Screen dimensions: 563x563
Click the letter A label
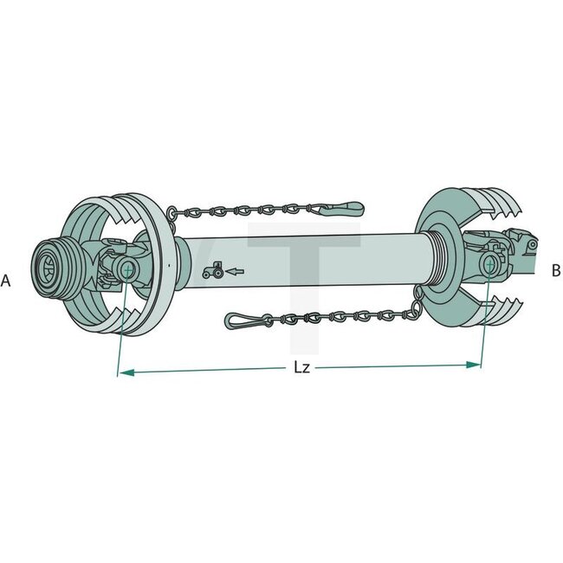pos(6,281)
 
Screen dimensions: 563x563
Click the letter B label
pos(555,270)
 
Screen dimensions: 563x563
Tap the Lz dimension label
pos(301,368)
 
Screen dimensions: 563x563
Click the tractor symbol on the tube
pos(210,271)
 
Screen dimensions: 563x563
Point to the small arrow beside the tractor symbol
pos(234,272)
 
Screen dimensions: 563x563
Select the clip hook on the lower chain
pos(240,320)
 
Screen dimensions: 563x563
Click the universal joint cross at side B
pos(490,262)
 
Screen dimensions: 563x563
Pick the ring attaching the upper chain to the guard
pos(171,212)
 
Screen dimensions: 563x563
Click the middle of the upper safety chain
pos(251,209)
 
